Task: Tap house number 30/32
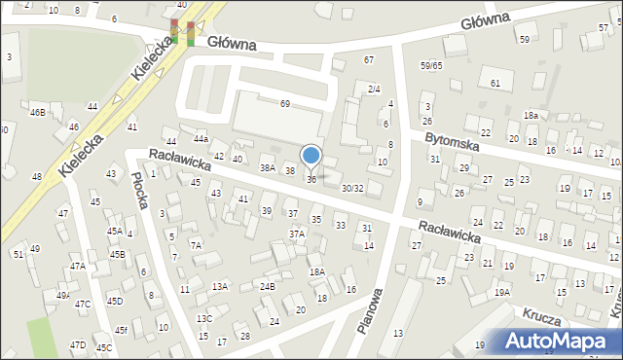click(352, 189)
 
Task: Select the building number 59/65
click(431, 65)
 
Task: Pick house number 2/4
click(374, 89)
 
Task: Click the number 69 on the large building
click(285, 103)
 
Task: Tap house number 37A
click(297, 234)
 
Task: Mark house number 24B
click(268, 286)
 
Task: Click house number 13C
click(204, 319)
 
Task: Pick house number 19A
click(502, 292)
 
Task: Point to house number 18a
click(531, 115)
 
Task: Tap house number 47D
click(78, 344)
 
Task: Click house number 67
click(369, 60)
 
